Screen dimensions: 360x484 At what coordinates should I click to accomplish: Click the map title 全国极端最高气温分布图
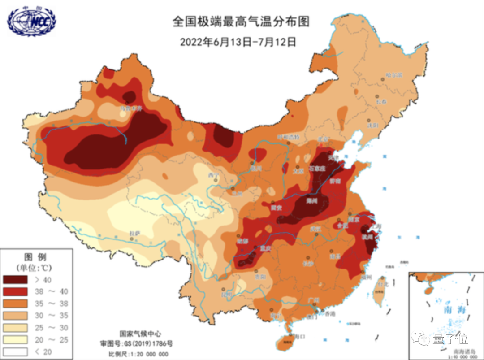(x=241, y=21)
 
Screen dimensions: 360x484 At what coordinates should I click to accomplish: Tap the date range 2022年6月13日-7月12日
(x=238, y=42)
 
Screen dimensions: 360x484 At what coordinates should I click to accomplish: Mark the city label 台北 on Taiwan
(x=382, y=284)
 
